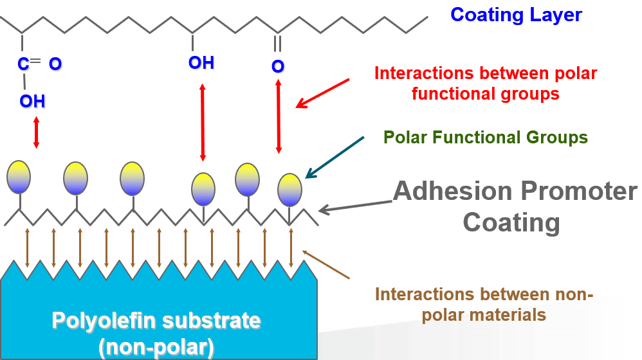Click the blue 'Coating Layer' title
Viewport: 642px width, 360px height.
click(516, 15)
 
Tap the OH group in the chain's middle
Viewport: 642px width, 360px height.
click(201, 62)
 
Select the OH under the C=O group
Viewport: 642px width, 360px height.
click(32, 101)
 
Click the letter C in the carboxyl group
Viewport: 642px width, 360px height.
click(24, 64)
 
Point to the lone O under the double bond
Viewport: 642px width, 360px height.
click(278, 66)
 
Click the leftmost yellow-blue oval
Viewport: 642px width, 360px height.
click(19, 177)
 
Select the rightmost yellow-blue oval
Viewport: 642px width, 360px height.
click(289, 190)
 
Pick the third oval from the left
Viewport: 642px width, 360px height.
click(133, 177)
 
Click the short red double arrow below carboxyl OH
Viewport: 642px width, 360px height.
click(36, 132)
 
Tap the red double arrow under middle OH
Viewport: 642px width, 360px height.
click(203, 122)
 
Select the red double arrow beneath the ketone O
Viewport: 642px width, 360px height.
click(279, 117)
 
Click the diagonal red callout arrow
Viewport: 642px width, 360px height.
click(322, 93)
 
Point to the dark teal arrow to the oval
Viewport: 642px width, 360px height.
click(335, 156)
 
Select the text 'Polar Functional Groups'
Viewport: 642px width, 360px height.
click(485, 137)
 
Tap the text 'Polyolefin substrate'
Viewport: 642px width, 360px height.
click(156, 320)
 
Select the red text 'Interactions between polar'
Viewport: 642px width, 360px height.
click(486, 73)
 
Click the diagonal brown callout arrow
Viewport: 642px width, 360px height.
click(326, 264)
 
